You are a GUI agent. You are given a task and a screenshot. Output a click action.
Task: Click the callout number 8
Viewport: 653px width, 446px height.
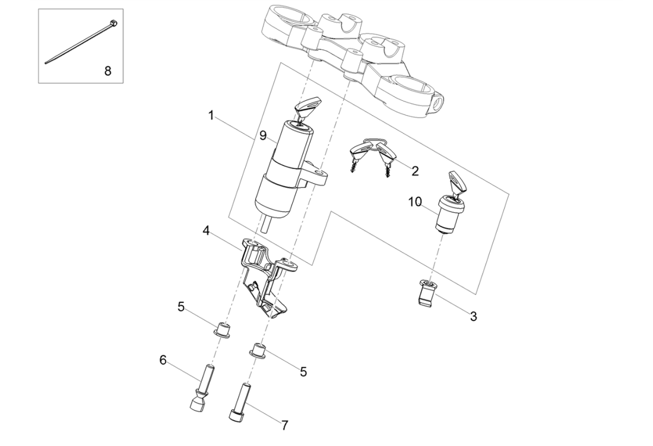107,71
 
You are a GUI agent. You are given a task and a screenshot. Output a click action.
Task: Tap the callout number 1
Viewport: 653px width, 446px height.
211,115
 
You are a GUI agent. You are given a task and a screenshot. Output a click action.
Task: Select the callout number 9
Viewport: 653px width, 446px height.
262,136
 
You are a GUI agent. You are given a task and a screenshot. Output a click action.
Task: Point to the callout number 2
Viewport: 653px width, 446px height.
415,171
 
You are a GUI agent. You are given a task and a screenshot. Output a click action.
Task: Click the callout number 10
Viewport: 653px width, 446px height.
414,202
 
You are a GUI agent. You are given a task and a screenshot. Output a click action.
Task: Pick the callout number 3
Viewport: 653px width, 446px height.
473,316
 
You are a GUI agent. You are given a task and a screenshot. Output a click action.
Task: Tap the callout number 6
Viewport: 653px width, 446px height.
162,359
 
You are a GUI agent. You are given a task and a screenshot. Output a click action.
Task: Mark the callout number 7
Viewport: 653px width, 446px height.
285,425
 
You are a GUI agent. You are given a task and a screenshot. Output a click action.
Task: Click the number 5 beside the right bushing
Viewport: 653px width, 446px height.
303,372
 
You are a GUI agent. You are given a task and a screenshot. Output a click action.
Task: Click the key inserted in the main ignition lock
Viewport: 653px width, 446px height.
306,109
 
